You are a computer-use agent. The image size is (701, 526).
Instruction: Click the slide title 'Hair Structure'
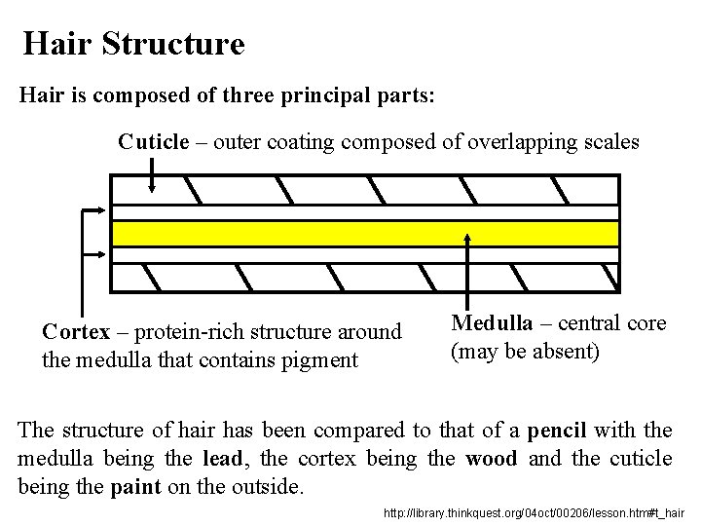click(x=133, y=43)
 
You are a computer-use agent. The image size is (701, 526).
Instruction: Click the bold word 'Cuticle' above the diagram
click(x=154, y=142)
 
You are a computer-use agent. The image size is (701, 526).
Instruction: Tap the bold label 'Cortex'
click(x=74, y=333)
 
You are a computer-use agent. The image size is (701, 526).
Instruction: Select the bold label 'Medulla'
click(x=493, y=323)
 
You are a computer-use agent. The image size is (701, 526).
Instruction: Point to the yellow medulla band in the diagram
click(x=365, y=233)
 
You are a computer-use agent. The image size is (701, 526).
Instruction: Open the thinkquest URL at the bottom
click(x=535, y=510)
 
